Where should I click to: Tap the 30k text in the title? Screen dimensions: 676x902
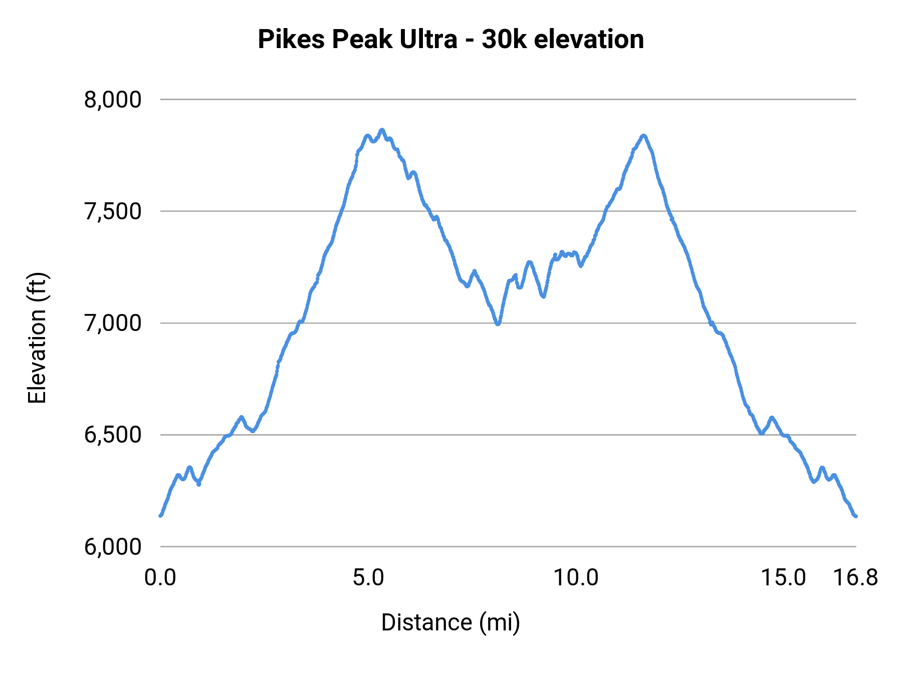coord(504,40)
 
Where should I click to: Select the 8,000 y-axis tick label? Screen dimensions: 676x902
coord(113,100)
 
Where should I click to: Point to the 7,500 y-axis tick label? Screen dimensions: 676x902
coord(113,211)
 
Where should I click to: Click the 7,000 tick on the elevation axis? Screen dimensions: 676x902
coord(113,323)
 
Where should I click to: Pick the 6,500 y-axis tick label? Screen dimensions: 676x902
coord(113,435)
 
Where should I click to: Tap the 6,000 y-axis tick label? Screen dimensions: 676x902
coord(113,546)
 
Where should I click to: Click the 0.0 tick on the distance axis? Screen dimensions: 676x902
coord(160,578)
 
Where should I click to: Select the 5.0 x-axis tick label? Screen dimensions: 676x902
coord(368,578)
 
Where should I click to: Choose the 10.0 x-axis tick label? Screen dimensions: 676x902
coord(576,578)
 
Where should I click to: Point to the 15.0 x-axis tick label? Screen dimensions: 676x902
coord(783,578)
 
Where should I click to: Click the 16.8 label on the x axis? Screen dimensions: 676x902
coord(856,578)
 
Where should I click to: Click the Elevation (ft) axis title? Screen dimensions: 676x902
coord(37,338)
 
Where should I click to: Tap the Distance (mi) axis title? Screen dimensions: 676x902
coord(450,622)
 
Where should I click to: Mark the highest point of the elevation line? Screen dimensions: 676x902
coord(382,130)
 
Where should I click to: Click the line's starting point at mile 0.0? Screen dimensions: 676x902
coord(160,515)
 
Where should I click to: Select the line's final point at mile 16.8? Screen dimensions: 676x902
coord(856,516)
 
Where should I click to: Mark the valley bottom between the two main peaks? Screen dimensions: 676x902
coord(498,324)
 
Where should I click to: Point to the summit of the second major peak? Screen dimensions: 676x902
coord(644,136)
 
